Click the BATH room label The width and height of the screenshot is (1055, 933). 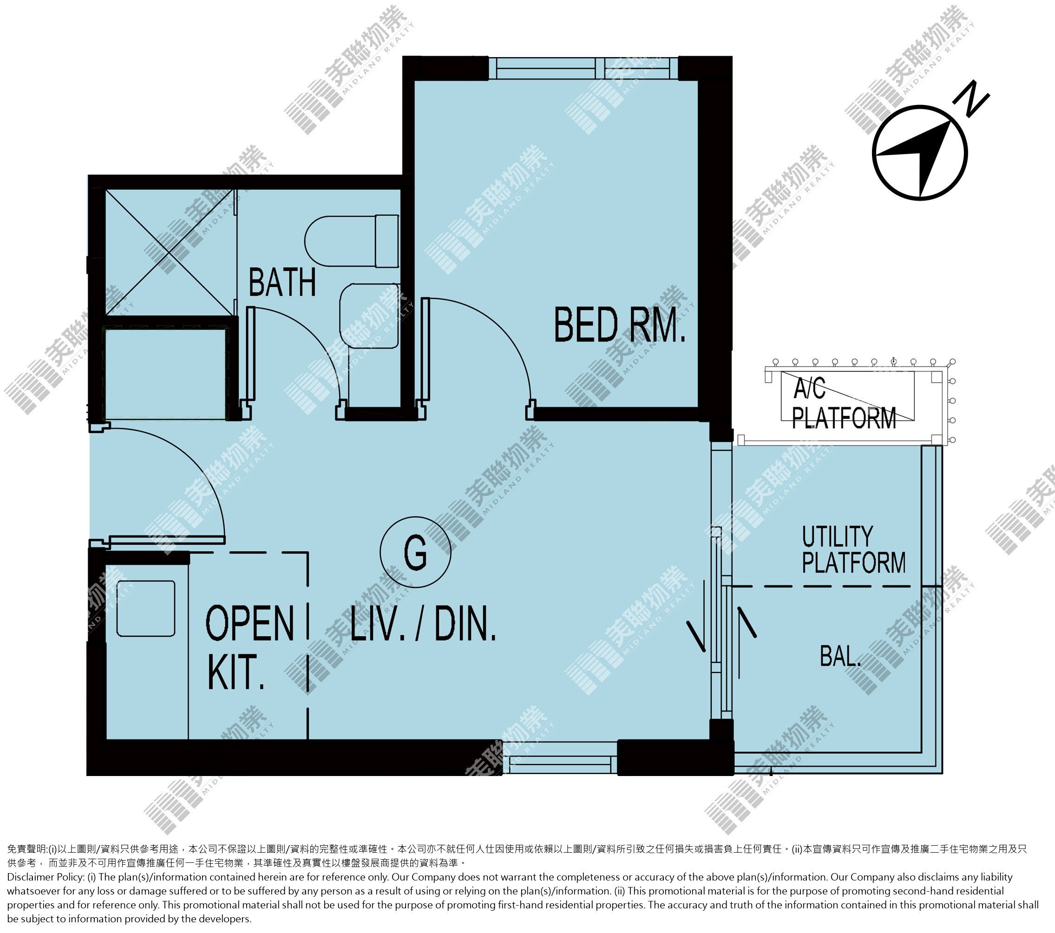[x=282, y=282]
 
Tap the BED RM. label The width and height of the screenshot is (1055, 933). [x=619, y=325]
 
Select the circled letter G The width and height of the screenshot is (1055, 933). [x=415, y=552]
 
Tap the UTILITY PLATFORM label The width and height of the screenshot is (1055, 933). [x=854, y=549]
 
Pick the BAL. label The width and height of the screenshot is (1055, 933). [x=841, y=656]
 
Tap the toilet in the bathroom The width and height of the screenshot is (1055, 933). [x=352, y=241]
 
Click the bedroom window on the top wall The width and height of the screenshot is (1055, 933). [x=583, y=68]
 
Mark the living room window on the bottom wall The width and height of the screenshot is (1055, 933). [x=560, y=757]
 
